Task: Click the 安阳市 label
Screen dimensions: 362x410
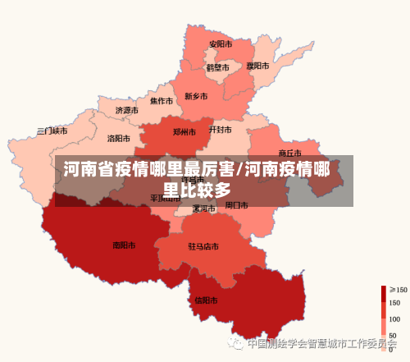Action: pyautogui.click(x=220, y=44)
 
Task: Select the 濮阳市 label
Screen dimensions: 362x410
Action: pyautogui.click(x=257, y=65)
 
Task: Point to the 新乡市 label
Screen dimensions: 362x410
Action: pyautogui.click(x=196, y=96)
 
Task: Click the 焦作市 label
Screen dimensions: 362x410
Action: pyautogui.click(x=161, y=102)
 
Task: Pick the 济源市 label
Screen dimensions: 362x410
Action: pyautogui.click(x=126, y=110)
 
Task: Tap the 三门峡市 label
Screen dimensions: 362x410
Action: pyautogui.click(x=52, y=131)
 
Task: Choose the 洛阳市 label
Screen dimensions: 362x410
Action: pyautogui.click(x=119, y=139)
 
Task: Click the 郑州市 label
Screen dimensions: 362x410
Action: pyautogui.click(x=184, y=131)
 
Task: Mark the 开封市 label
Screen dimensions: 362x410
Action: pyautogui.click(x=221, y=130)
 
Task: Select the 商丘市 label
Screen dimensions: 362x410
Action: pyautogui.click(x=290, y=153)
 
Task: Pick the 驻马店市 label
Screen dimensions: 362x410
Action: pyautogui.click(x=203, y=246)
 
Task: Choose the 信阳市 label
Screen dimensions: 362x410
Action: pyautogui.click(x=207, y=300)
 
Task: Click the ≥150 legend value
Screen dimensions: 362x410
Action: pyautogui.click(x=398, y=290)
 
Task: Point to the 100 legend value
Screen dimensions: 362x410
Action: pyautogui.click(x=394, y=318)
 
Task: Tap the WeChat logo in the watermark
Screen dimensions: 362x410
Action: pyautogui.click(x=237, y=344)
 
